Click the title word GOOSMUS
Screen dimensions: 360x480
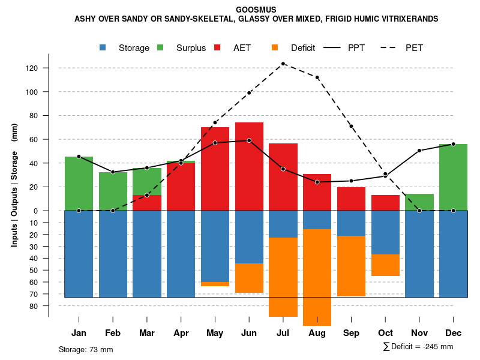(256, 10)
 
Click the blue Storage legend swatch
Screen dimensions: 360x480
(104, 47)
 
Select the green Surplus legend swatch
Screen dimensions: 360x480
(160, 47)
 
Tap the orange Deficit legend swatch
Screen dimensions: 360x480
(275, 47)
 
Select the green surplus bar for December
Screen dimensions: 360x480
(453, 177)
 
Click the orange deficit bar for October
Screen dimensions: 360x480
(385, 265)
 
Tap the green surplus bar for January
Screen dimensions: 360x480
(79, 183)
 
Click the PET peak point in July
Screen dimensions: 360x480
(283, 64)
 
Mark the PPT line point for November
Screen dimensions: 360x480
(419, 151)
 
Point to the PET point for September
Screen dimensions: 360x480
(351, 126)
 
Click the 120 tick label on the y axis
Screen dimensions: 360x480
(32, 68)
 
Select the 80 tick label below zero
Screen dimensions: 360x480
(35, 306)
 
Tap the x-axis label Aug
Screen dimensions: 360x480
(317, 333)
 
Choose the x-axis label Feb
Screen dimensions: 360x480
(113, 333)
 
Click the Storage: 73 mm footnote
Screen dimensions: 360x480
(86, 349)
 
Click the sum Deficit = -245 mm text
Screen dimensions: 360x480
(418, 346)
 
